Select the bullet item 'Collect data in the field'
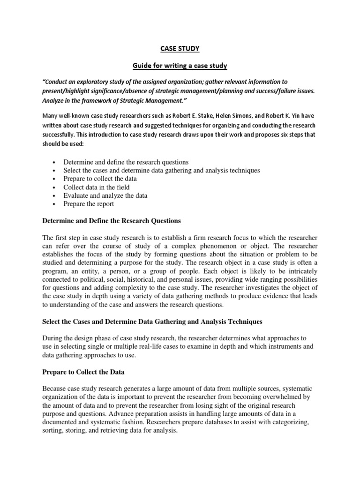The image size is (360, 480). (97, 187)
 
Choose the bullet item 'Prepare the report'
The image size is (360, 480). (89, 204)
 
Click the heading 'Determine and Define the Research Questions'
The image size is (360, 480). (112, 221)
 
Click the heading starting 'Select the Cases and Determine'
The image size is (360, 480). (152, 322)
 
